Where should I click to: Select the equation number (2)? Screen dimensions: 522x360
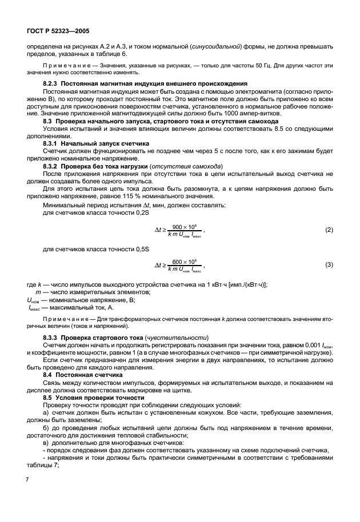(x=329, y=230)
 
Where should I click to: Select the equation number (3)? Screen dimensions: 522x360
(x=329, y=266)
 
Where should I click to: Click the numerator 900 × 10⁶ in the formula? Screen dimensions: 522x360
(x=184, y=227)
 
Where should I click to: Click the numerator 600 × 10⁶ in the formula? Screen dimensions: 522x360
(x=184, y=262)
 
